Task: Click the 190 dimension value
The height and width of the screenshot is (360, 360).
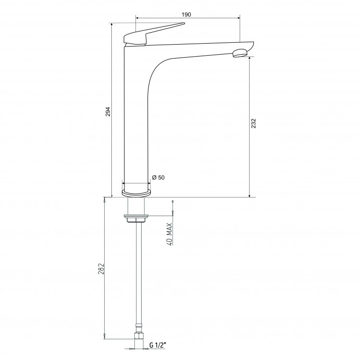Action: point(186,14)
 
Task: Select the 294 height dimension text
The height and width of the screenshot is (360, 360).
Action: point(108,111)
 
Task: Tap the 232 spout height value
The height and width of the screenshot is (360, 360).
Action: point(253,123)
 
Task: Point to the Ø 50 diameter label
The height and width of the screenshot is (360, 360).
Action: point(158,178)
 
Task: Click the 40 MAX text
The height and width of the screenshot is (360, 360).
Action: point(169,234)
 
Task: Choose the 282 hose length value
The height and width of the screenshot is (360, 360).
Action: point(101,269)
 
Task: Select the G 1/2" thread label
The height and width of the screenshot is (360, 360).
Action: point(157,345)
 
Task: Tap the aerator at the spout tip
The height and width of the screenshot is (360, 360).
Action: point(240,53)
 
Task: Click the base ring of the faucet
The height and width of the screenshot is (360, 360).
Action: point(136,193)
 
